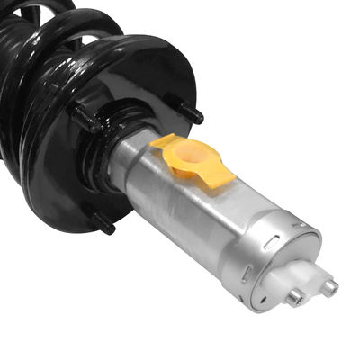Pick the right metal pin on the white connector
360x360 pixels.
click(x=329, y=288)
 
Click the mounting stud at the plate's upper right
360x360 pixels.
click(x=191, y=114)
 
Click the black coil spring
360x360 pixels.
click(x=36, y=81)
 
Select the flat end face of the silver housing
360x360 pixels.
click(x=288, y=270)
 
